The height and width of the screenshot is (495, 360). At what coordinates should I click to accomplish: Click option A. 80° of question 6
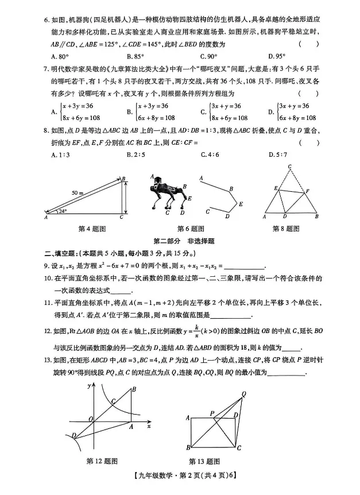(60, 56)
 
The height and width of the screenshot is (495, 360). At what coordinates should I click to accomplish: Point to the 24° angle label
(62, 211)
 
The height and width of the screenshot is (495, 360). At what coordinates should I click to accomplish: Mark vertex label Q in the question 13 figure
(244, 393)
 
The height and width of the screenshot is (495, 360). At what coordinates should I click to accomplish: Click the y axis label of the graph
(90, 386)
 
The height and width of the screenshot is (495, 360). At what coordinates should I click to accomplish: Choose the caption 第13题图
(205, 461)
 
